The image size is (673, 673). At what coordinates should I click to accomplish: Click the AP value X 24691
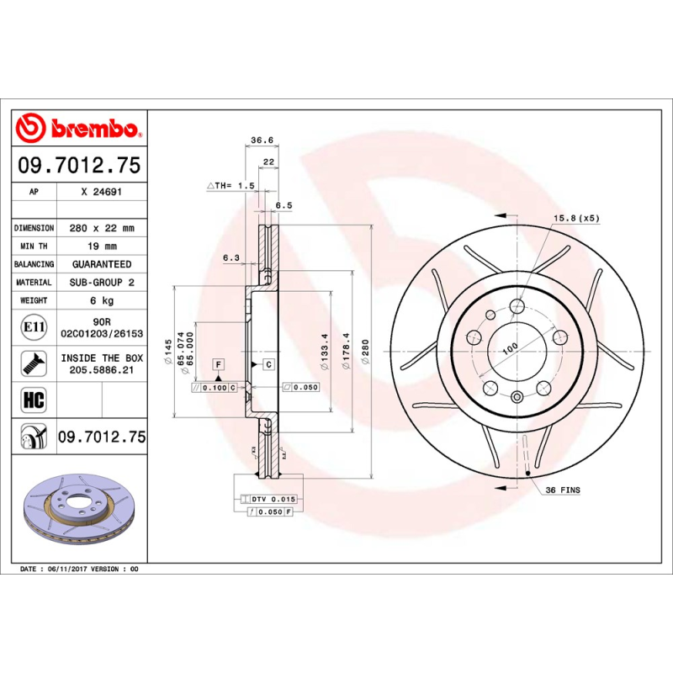(x=101, y=193)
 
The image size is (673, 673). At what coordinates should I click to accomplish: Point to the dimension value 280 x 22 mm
(x=101, y=228)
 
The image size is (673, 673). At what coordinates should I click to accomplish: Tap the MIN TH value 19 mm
(x=101, y=246)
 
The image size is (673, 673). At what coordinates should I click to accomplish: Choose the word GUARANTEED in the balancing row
(x=101, y=264)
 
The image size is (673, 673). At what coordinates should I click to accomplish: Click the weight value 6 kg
(x=101, y=300)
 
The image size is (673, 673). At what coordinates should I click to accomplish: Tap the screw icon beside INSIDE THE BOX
(x=34, y=363)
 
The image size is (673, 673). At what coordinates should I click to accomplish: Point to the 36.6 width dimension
(x=262, y=140)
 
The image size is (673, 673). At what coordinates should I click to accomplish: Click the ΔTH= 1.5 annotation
(x=230, y=185)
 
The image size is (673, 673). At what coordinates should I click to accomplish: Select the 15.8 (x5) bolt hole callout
(x=575, y=219)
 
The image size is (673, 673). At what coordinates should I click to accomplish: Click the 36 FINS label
(x=563, y=490)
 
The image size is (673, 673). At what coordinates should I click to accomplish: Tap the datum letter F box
(x=219, y=364)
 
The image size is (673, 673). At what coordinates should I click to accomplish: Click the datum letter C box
(x=268, y=364)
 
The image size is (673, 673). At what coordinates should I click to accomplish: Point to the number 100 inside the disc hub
(x=509, y=347)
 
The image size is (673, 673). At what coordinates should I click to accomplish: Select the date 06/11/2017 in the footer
(x=66, y=570)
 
